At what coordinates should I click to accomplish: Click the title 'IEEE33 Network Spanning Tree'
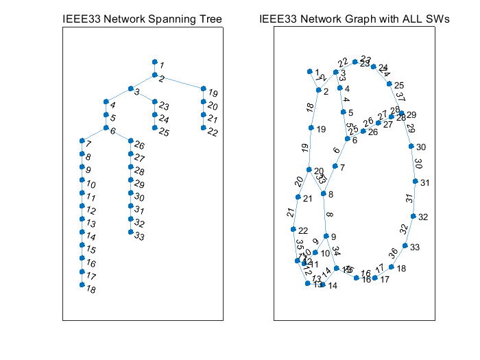(143, 20)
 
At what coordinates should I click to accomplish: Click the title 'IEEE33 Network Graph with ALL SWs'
(355, 20)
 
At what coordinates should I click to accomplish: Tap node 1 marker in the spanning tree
(155, 62)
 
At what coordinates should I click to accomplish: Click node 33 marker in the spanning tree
(130, 233)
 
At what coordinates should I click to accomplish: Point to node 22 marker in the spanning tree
(204, 128)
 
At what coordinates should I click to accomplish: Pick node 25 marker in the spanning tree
(155, 128)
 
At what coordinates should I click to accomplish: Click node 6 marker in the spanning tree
(106, 128)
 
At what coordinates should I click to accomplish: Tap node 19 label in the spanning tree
(213, 93)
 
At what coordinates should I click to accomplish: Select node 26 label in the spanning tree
(140, 145)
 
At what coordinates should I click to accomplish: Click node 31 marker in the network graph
(416, 181)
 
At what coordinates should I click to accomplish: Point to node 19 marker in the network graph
(311, 128)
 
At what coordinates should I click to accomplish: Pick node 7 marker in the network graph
(335, 166)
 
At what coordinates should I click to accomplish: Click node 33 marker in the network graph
(405, 245)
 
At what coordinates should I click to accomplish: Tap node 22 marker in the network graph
(293, 229)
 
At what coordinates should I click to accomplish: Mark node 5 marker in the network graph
(343, 112)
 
